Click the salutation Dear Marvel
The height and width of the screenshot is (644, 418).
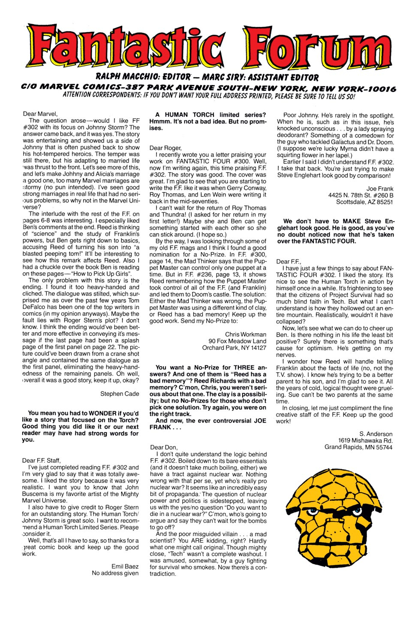[40, 114]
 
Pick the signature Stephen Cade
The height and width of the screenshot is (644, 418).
[120, 394]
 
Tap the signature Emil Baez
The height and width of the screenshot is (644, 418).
[125, 566]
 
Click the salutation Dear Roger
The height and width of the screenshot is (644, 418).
[165, 148]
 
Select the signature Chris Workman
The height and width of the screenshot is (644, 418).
[245, 334]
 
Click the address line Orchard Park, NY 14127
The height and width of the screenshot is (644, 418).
[234, 347]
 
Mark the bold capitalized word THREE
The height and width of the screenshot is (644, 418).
[245, 368]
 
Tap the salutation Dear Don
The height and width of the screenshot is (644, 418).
[164, 447]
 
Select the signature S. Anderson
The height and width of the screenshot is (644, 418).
[376, 434]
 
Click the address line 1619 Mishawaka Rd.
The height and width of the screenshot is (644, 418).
[365, 440]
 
